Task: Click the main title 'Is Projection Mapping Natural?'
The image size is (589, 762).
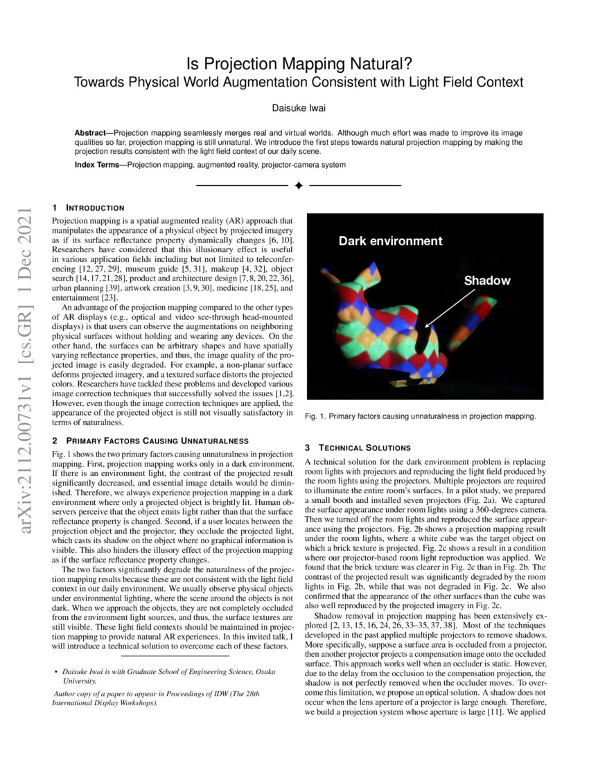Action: click(x=299, y=64)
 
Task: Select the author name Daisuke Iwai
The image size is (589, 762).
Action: click(x=299, y=108)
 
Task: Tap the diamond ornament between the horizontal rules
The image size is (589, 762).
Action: click(x=299, y=186)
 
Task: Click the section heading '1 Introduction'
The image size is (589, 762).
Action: click(x=89, y=208)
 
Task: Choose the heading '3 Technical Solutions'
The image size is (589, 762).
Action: click(x=358, y=448)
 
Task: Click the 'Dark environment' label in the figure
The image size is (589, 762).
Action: click(x=390, y=241)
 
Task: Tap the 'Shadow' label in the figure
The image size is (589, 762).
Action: click(x=486, y=281)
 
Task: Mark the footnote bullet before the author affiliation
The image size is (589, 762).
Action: click(x=55, y=672)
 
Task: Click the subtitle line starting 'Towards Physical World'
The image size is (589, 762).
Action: click(x=299, y=82)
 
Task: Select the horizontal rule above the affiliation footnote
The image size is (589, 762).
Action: click(x=175, y=655)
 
